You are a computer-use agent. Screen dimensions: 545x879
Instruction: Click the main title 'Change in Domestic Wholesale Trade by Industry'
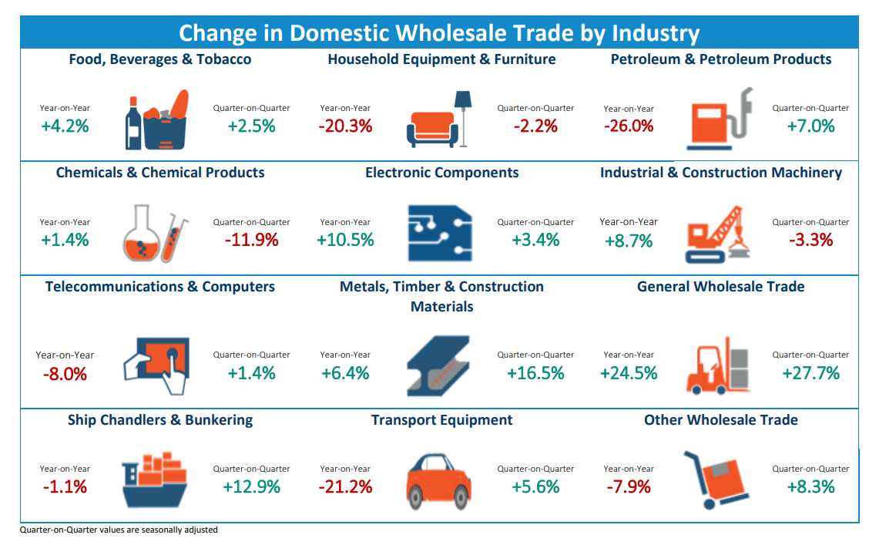tap(439, 33)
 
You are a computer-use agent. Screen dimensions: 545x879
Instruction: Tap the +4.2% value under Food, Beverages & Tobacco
tap(65, 126)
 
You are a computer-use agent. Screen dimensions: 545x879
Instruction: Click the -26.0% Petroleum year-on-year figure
tap(629, 126)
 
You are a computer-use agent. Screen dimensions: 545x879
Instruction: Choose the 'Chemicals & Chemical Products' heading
tap(160, 173)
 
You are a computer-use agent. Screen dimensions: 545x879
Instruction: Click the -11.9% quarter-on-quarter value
tap(251, 240)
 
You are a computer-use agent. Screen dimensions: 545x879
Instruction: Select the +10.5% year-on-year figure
tap(345, 240)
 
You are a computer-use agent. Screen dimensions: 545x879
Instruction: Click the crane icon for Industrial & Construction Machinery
tap(715, 234)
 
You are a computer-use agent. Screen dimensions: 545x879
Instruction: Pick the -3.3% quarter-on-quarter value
tap(810, 240)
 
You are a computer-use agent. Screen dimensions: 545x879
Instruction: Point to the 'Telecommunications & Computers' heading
tap(160, 287)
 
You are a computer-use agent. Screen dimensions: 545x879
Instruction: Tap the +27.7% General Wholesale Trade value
tap(810, 373)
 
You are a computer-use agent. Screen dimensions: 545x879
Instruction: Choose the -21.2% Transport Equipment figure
tap(345, 486)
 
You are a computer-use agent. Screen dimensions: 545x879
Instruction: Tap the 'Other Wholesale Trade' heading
tap(721, 420)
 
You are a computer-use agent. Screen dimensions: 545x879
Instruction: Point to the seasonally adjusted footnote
tap(119, 530)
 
